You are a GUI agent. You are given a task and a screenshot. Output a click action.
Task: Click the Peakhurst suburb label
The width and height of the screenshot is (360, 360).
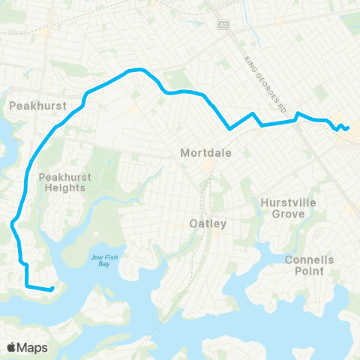(35, 106)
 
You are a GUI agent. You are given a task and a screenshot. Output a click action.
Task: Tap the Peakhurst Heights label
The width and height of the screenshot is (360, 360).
(64, 182)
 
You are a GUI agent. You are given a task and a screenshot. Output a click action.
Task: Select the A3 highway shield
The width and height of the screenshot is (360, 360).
(223, 25)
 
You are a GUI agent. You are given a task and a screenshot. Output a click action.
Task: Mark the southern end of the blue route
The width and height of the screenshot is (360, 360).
(52, 289)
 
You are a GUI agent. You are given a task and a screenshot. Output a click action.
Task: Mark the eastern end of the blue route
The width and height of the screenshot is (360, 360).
(348, 127)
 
